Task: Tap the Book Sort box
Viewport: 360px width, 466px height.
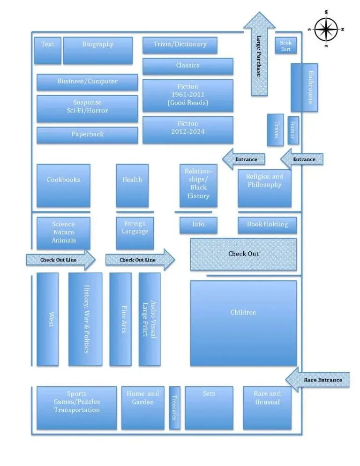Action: coord(285,45)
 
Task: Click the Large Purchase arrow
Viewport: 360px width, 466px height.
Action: coord(259,54)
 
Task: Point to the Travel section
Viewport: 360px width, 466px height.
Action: coord(275,129)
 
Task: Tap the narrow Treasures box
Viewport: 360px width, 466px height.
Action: coord(174,407)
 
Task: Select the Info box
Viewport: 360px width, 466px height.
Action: coord(198,225)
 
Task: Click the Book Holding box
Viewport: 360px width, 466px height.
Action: coord(267,225)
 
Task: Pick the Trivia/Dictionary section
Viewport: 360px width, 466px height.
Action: coord(180,45)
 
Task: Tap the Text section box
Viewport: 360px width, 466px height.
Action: coord(48,51)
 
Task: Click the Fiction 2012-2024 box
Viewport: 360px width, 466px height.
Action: coord(187,130)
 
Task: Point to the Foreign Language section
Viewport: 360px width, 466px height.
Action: coord(135,233)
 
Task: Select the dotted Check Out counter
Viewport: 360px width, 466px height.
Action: coord(243,254)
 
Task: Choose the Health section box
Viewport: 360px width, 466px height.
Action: coord(132,186)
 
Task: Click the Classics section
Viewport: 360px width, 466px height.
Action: coord(187,66)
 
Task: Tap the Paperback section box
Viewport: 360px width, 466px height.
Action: coord(87,135)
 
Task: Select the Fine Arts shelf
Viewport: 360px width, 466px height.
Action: coord(120,319)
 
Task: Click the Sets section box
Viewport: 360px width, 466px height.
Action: coord(209,407)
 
